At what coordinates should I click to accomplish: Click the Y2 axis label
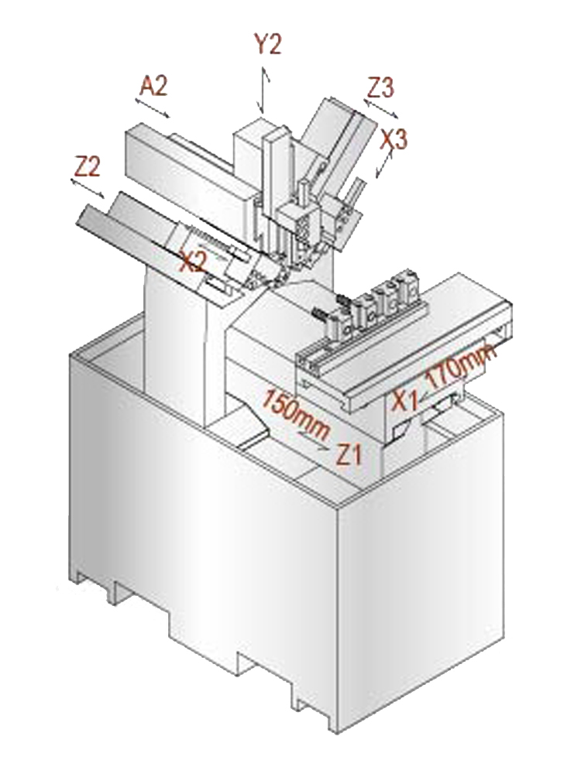(268, 44)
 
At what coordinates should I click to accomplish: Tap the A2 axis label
(153, 86)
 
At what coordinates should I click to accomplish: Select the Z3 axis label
(381, 88)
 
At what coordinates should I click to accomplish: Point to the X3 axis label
(394, 139)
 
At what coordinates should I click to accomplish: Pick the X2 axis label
(192, 261)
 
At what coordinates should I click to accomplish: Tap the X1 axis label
(405, 400)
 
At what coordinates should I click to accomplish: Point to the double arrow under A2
(153, 108)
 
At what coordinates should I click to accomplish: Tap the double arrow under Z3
(381, 110)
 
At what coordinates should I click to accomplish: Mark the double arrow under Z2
(88, 189)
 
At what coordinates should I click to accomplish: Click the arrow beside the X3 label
(384, 164)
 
